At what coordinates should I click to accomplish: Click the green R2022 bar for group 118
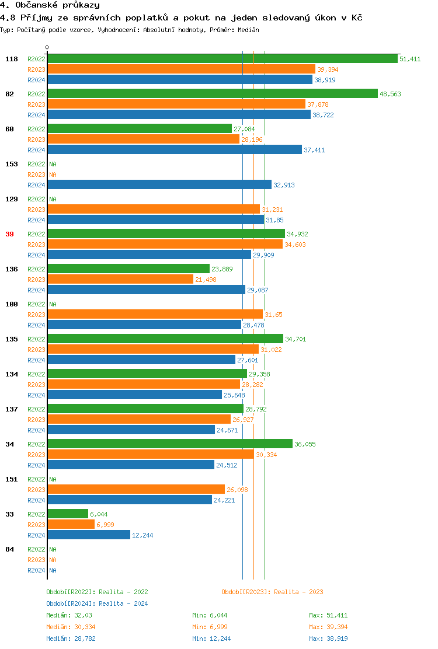222,59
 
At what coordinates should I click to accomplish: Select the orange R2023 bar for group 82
176,104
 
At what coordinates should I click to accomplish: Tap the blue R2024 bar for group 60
175,150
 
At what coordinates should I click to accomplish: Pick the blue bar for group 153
159,185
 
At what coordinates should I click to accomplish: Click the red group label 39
9,234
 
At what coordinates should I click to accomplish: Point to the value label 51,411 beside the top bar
410,59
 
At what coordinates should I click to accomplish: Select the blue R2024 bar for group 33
89,535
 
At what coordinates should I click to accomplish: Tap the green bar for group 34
170,444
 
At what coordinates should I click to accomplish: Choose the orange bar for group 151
136,490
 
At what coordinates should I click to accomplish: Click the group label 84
9,549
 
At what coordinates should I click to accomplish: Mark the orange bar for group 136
120,280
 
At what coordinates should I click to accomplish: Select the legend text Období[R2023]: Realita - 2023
272,592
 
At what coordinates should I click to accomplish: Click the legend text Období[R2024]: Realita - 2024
97,603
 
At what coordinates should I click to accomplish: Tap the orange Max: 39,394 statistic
328,627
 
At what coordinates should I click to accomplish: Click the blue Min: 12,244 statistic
211,638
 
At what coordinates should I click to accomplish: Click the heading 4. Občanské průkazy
50,5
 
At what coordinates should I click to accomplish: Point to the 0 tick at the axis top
47,48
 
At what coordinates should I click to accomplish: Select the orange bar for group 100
155,315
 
